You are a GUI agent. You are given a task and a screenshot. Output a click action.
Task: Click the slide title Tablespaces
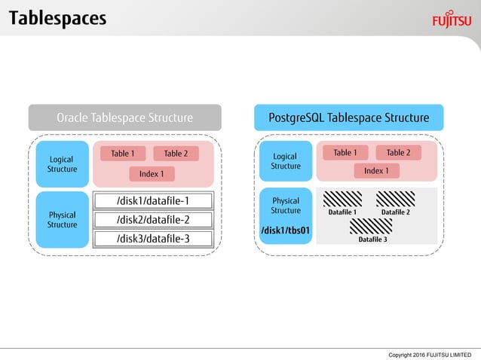click(x=57, y=18)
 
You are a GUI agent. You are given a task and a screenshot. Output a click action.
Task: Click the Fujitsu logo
click(x=452, y=19)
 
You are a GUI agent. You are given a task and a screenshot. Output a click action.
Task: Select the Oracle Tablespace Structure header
click(x=125, y=117)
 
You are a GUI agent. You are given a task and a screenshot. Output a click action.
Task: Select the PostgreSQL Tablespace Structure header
click(x=348, y=117)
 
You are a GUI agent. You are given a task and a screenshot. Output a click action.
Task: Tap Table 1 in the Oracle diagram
click(x=122, y=154)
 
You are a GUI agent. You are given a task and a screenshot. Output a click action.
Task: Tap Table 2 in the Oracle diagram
click(x=176, y=154)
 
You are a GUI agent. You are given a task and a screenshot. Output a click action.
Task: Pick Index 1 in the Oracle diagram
click(x=151, y=174)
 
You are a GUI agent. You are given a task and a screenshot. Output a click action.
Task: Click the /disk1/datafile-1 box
click(x=153, y=201)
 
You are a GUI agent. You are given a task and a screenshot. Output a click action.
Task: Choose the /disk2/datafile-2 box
click(x=153, y=220)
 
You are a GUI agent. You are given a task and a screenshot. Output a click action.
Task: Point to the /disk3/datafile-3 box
click(x=153, y=239)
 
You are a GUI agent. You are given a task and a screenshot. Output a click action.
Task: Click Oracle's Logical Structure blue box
click(x=62, y=164)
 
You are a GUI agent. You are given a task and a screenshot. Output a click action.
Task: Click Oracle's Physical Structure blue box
click(x=62, y=220)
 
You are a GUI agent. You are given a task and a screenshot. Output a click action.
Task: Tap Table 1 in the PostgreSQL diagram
click(x=345, y=153)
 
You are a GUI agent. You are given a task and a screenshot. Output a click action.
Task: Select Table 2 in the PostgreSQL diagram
click(x=398, y=153)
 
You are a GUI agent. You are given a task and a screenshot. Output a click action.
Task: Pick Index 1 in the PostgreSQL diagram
click(x=376, y=171)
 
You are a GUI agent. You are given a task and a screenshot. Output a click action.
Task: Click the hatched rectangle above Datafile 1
click(x=343, y=199)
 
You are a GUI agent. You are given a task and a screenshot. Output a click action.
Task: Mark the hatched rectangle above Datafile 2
click(x=396, y=199)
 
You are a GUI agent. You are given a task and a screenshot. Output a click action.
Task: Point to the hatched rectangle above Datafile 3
click(x=370, y=226)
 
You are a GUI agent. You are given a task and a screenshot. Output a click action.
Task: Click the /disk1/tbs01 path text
click(x=285, y=230)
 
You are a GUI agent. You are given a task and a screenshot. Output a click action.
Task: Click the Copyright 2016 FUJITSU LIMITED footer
click(x=428, y=354)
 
